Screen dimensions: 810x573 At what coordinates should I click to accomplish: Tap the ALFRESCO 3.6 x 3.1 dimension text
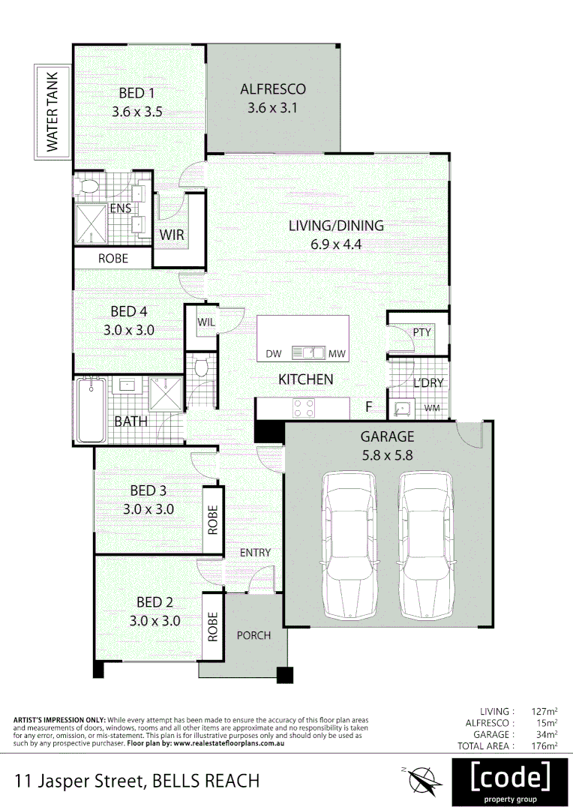click(x=273, y=107)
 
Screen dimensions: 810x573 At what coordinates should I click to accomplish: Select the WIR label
click(x=172, y=235)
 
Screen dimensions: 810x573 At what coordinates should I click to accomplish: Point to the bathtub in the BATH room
click(x=91, y=410)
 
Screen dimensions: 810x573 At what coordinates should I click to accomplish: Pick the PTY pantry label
click(x=421, y=331)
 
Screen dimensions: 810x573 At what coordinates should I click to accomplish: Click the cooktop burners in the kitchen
click(x=303, y=408)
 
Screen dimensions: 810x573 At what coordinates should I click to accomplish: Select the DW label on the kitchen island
click(x=274, y=353)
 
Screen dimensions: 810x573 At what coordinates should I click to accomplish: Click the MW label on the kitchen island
click(x=337, y=353)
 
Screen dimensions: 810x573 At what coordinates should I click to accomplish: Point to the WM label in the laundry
click(x=432, y=408)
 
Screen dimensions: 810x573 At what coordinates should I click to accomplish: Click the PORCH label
click(x=253, y=635)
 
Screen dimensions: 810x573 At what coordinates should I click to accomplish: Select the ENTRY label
click(x=255, y=553)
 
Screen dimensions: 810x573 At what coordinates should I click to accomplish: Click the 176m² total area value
click(x=544, y=746)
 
